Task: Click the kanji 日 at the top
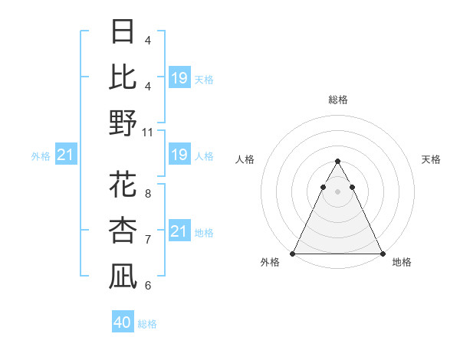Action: tap(123, 32)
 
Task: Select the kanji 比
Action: tap(123, 77)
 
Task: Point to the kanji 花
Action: tap(123, 185)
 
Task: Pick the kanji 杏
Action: tap(123, 230)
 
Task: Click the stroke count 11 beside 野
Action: tap(148, 132)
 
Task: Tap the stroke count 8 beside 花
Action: tap(147, 194)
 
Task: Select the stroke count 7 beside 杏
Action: tap(147, 240)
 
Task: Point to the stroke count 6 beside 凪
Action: tap(147, 286)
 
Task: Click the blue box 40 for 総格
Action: tap(123, 322)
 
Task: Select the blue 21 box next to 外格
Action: tap(65, 155)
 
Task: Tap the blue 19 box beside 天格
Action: tap(179, 78)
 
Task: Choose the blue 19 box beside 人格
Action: tap(179, 155)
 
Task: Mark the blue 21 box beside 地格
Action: tap(179, 231)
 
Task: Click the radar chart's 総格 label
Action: tap(337, 100)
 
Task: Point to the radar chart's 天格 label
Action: tap(432, 159)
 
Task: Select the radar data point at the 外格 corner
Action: tap(293, 254)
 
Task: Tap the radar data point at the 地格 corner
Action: tap(382, 254)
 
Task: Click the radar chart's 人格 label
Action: tap(245, 159)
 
